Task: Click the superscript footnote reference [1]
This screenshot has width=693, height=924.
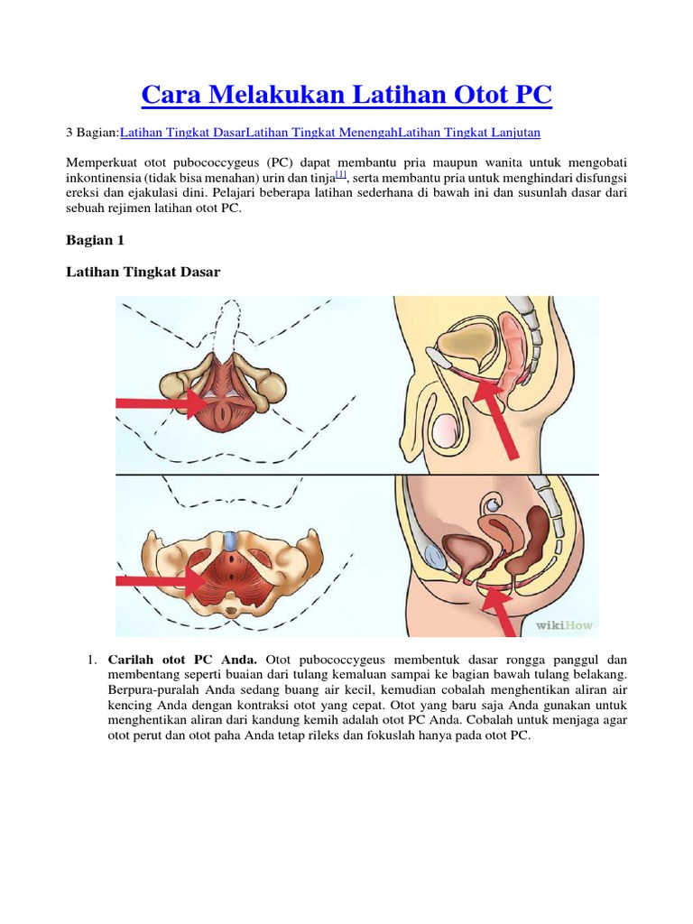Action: pos(341,174)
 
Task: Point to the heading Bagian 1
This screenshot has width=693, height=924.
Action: pos(95,241)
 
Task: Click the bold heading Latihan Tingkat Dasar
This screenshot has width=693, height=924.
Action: pos(143,272)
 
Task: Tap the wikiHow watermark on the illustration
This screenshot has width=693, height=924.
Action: pos(567,624)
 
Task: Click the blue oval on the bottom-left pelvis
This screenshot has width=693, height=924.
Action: pos(234,541)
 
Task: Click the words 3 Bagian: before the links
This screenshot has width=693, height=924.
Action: pos(93,133)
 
